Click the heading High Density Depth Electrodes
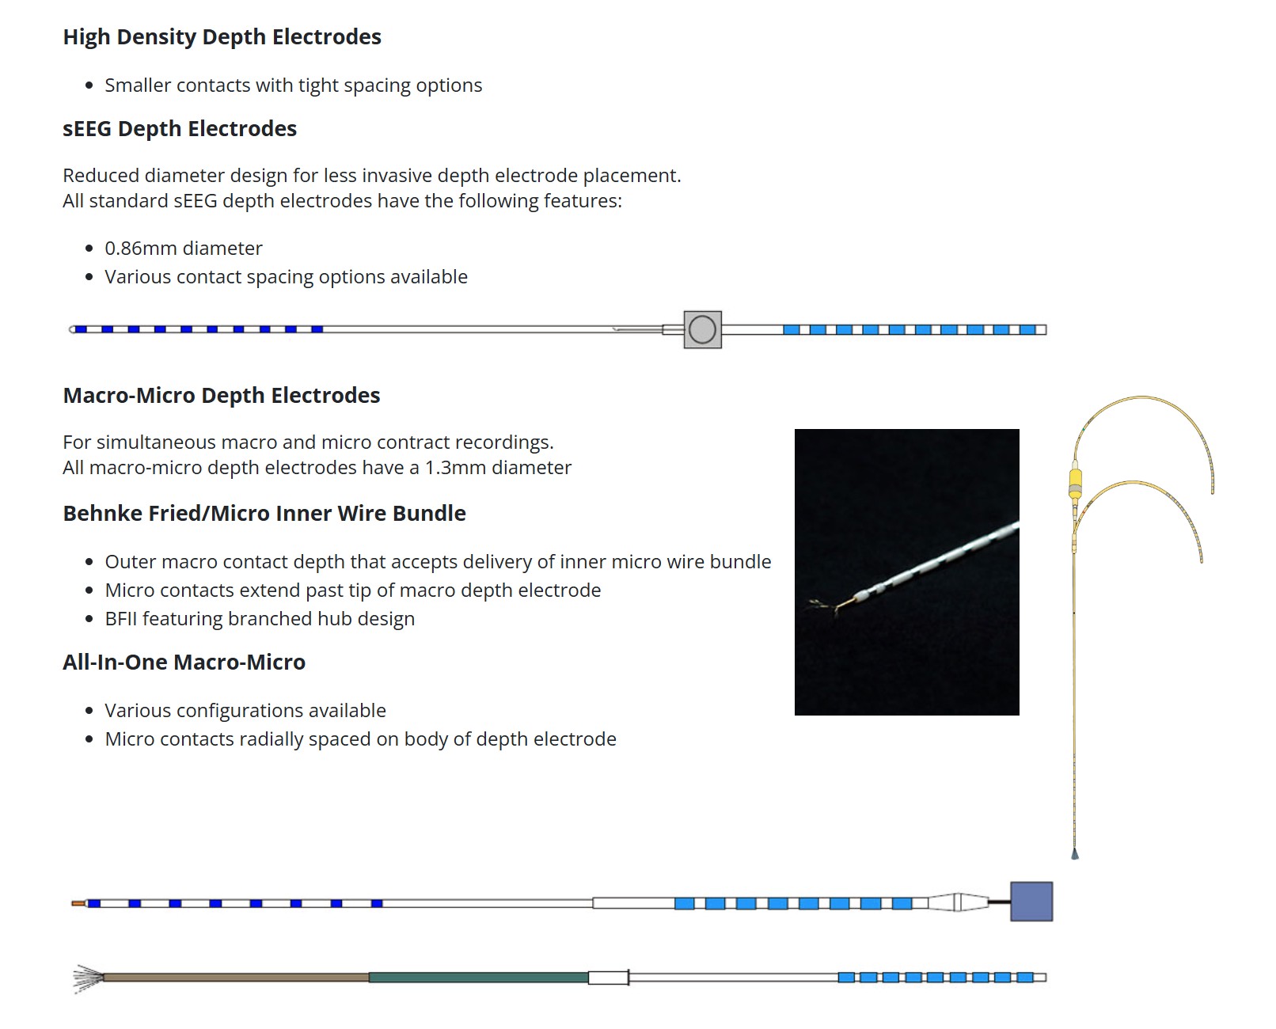(x=222, y=36)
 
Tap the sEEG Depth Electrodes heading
(x=180, y=129)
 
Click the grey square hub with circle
(x=703, y=330)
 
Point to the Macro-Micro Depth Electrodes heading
(x=221, y=396)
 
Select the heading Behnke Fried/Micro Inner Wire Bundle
(x=264, y=514)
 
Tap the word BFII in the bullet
(x=121, y=618)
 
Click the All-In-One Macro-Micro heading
(x=184, y=663)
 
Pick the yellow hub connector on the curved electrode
(x=1075, y=482)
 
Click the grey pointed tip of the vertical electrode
(x=1074, y=855)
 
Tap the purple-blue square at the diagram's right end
(x=1031, y=902)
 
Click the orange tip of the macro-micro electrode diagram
(x=78, y=903)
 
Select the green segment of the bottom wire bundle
(x=478, y=978)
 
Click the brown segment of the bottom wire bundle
(x=236, y=978)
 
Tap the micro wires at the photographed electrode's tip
(x=824, y=607)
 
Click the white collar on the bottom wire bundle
(x=609, y=978)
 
